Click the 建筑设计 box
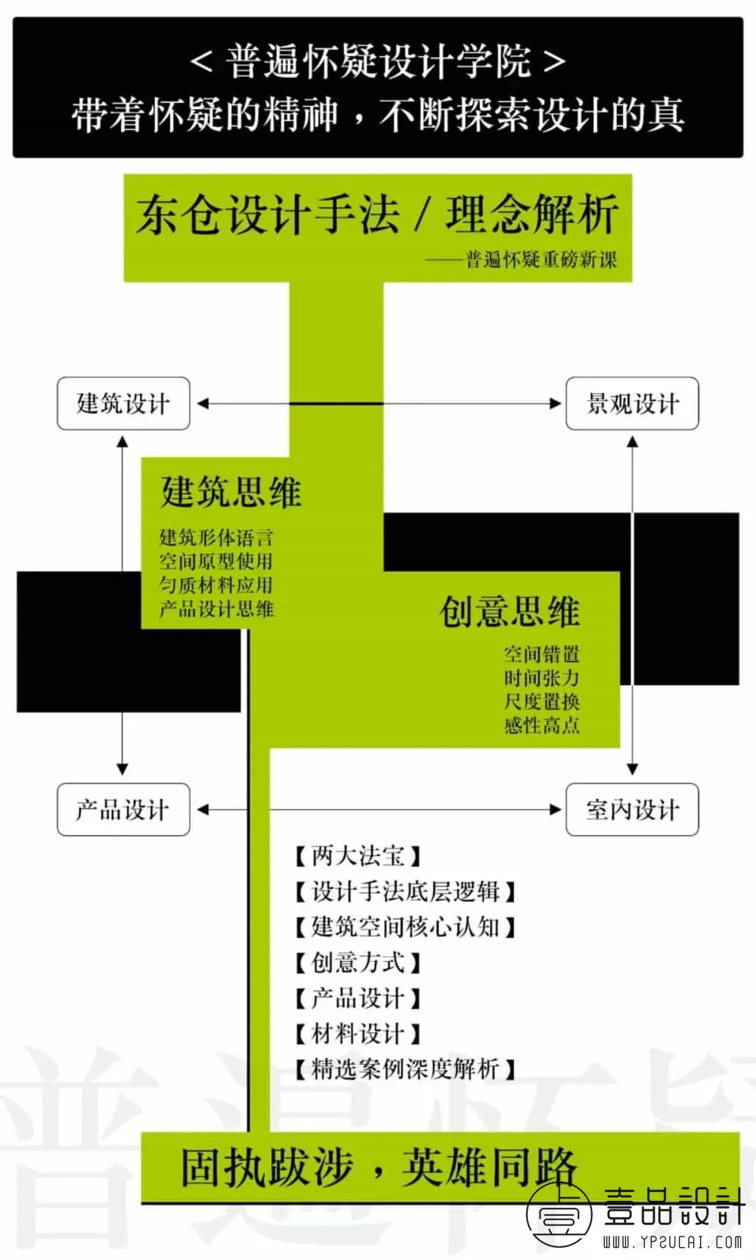tap(124, 403)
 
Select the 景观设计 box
tap(632, 403)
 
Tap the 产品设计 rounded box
tap(124, 809)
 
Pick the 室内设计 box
tap(632, 809)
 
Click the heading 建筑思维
tap(231, 492)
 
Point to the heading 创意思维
tap(510, 611)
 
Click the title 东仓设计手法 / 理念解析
tap(377, 214)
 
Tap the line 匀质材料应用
tap(216, 585)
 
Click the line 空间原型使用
tap(216, 561)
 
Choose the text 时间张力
tap(542, 678)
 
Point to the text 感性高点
tap(542, 725)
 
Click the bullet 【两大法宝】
tap(358, 856)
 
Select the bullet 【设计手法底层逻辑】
tap(405, 892)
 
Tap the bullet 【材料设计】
tap(358, 1033)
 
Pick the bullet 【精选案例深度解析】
tap(405, 1069)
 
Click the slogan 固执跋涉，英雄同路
tap(379, 1167)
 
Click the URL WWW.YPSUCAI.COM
tap(673, 1241)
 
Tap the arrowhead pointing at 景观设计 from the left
tap(556, 403)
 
